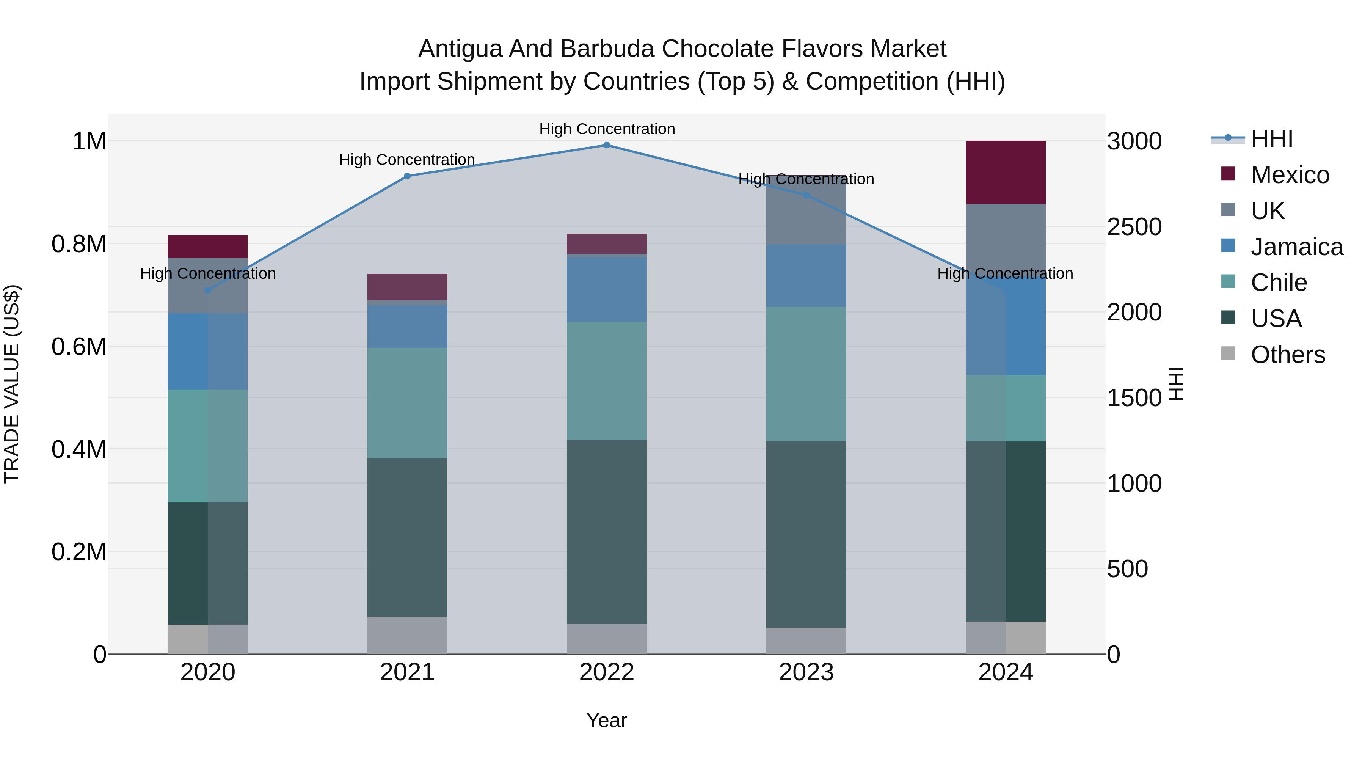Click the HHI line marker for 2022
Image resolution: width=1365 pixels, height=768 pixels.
click(x=607, y=145)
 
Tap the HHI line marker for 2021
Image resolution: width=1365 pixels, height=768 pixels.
click(x=407, y=176)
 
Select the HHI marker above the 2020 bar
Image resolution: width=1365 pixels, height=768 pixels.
click(x=208, y=291)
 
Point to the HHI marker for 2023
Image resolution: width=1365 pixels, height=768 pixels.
click(x=806, y=195)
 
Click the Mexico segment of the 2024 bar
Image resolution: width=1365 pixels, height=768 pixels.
click(x=1005, y=172)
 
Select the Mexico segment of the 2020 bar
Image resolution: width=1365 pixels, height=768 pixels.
click(x=208, y=247)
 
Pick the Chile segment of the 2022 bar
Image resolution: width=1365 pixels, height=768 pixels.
click(x=607, y=380)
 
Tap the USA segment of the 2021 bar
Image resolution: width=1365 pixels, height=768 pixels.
click(x=407, y=537)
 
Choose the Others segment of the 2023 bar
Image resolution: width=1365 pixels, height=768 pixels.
click(x=806, y=641)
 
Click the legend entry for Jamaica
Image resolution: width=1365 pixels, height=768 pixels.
click(x=1297, y=247)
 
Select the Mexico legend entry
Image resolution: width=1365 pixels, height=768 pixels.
click(x=1290, y=175)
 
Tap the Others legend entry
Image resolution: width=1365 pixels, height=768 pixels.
click(x=1288, y=355)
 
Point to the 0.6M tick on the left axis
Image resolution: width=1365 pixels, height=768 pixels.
click(x=79, y=347)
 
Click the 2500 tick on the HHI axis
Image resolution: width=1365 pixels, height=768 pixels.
click(x=1134, y=227)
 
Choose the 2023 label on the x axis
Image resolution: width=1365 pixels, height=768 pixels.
click(x=806, y=672)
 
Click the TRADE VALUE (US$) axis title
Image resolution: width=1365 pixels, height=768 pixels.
click(x=12, y=384)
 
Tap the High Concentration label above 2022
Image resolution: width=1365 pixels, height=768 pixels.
click(x=607, y=129)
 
